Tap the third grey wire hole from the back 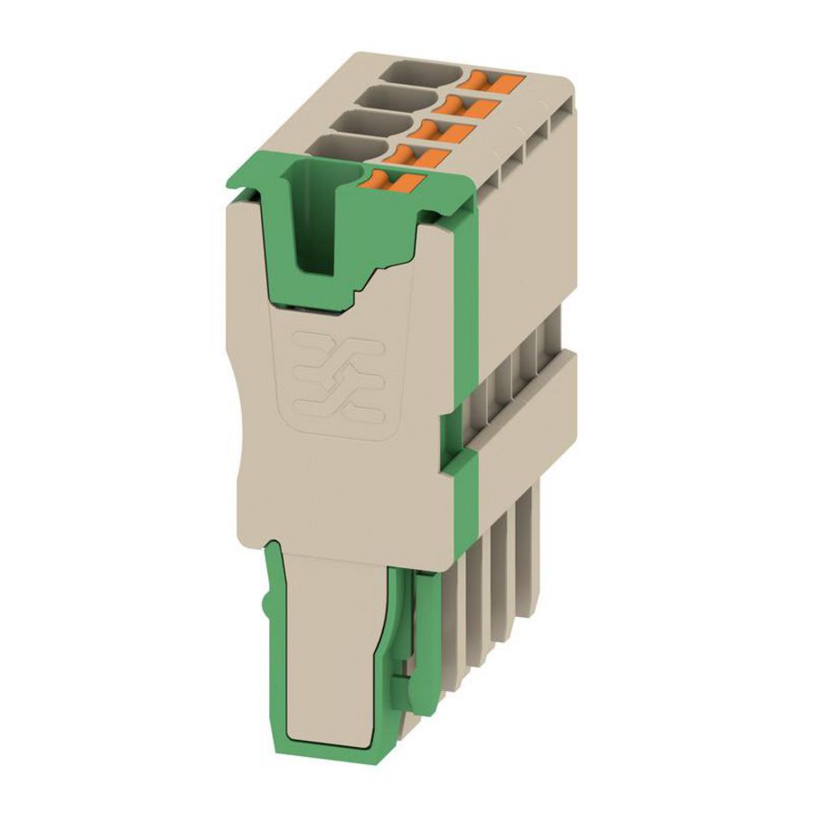(365, 121)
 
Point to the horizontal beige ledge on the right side (528, 388)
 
